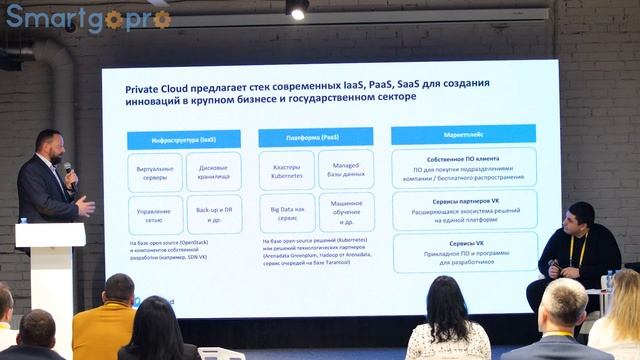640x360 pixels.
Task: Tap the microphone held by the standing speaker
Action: pyautogui.click(x=69, y=171)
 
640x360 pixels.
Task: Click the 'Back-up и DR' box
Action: pyautogui.click(x=214, y=213)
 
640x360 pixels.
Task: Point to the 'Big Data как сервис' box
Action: pyautogui.click(x=286, y=213)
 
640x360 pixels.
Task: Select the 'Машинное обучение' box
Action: pyautogui.click(x=346, y=213)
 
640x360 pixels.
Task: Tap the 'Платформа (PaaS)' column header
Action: pyautogui.click(x=315, y=135)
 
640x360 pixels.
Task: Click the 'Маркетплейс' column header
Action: pyautogui.click(x=462, y=132)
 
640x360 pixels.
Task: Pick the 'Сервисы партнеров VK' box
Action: pyautogui.click(x=463, y=209)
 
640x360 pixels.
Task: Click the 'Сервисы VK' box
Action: pyautogui.click(x=463, y=251)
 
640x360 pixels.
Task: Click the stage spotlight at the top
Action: pyautogui.click(x=297, y=8)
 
